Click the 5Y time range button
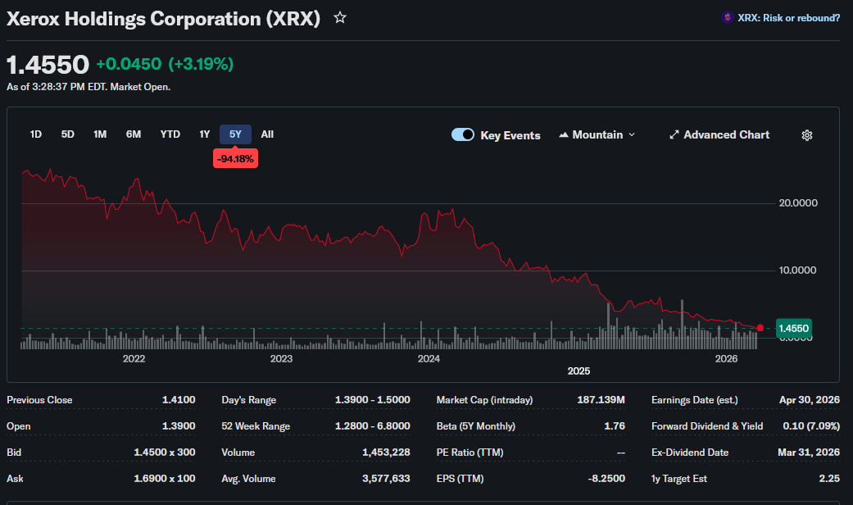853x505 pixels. click(x=235, y=134)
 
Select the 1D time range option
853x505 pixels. click(x=36, y=134)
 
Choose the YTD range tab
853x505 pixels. click(x=170, y=134)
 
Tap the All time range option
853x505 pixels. click(x=267, y=134)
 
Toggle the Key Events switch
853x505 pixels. click(x=463, y=134)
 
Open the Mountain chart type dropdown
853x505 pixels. click(x=597, y=134)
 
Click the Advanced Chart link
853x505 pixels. click(x=719, y=134)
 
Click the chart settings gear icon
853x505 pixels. click(x=807, y=135)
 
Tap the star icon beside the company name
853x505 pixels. click(x=340, y=18)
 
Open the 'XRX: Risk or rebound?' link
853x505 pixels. click(x=781, y=18)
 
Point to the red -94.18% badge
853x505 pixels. click(x=235, y=159)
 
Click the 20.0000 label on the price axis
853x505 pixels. click(x=798, y=203)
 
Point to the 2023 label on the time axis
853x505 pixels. click(x=281, y=358)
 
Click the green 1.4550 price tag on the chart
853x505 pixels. click(x=794, y=328)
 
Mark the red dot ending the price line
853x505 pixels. click(x=760, y=328)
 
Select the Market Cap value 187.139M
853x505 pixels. click(x=601, y=400)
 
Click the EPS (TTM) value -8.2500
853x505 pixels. click(x=606, y=479)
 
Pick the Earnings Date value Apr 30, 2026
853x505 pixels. click(x=810, y=400)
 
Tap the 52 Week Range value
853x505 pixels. click(x=373, y=426)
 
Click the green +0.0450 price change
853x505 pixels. click(x=129, y=64)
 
